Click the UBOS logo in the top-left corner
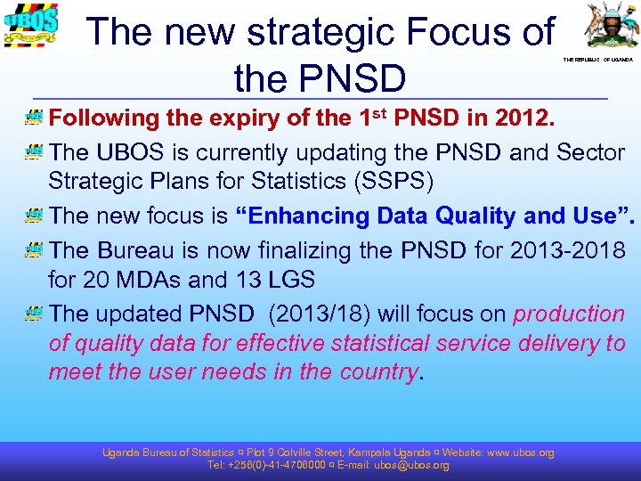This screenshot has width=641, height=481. tap(32, 26)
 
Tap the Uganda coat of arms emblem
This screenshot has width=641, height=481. tap(609, 27)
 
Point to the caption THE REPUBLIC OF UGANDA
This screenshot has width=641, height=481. tap(597, 60)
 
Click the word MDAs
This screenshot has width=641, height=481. tap(146, 280)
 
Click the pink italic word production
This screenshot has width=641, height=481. tap(570, 314)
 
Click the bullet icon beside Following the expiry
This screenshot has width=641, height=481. tap(35, 118)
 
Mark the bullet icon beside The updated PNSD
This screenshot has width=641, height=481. tap(35, 314)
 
